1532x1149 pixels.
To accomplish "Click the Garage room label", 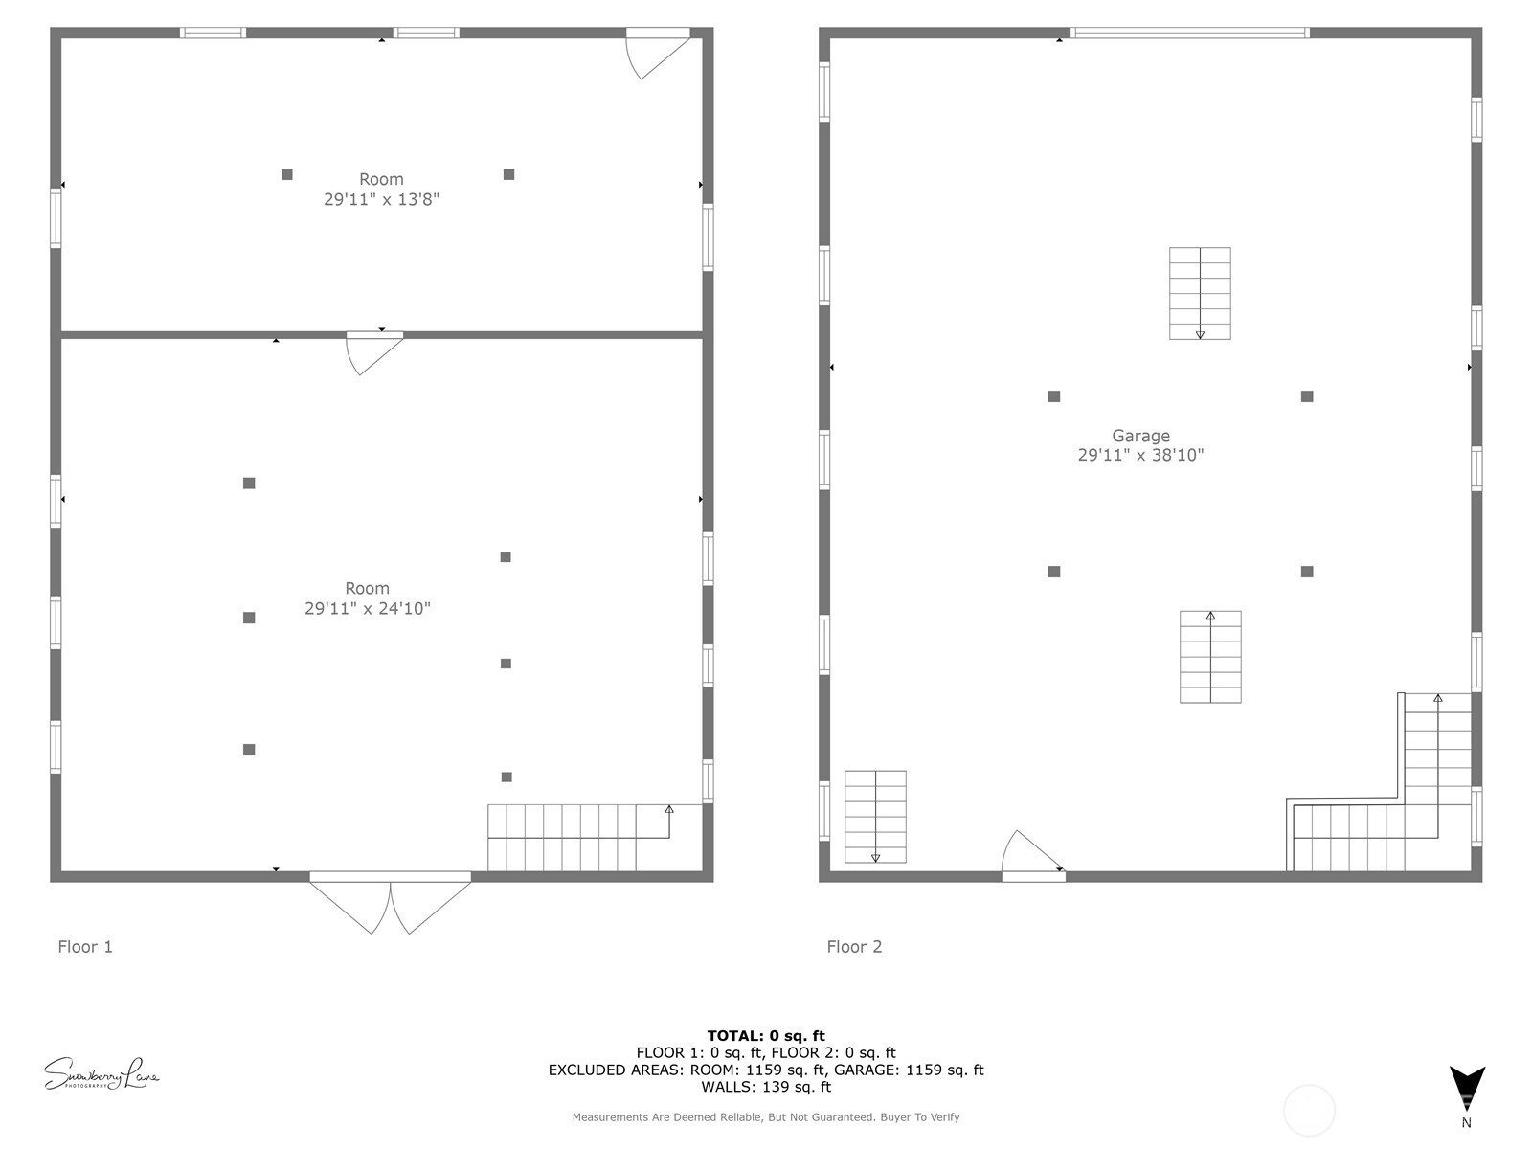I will coord(1140,436).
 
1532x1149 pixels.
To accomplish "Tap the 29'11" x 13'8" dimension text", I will coord(381,199).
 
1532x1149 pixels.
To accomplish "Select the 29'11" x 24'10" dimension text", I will coord(368,608).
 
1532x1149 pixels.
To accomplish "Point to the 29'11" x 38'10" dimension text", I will coord(1140,456).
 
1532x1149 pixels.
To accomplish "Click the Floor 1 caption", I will coord(85,947).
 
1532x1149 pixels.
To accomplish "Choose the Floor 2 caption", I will coord(854,947).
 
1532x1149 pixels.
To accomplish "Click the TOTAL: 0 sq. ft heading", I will coord(766,1035).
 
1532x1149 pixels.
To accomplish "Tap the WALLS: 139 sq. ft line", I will coord(766,1087).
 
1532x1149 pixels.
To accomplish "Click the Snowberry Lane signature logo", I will coord(101,1074).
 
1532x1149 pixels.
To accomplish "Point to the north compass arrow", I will coord(1466,1090).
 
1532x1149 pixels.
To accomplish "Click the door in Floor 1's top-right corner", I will coord(656,50).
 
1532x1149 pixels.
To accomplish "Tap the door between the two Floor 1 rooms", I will coord(373,350).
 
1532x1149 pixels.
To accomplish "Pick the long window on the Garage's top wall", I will coord(1189,33).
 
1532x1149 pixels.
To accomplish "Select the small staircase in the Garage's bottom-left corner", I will coord(875,816).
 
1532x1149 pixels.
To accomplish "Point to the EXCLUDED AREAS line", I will coord(766,1070).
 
